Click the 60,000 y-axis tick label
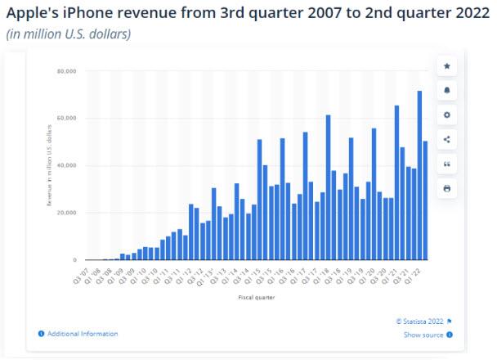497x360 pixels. point(66,119)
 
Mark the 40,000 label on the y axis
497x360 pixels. point(66,165)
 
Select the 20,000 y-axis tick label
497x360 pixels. point(66,213)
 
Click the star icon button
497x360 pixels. point(447,66)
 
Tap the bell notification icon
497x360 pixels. point(447,90)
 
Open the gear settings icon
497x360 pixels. point(447,115)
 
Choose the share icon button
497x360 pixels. point(447,139)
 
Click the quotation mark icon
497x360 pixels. point(447,164)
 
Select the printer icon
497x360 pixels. point(447,188)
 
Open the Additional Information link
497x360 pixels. point(82,334)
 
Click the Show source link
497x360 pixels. point(424,335)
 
